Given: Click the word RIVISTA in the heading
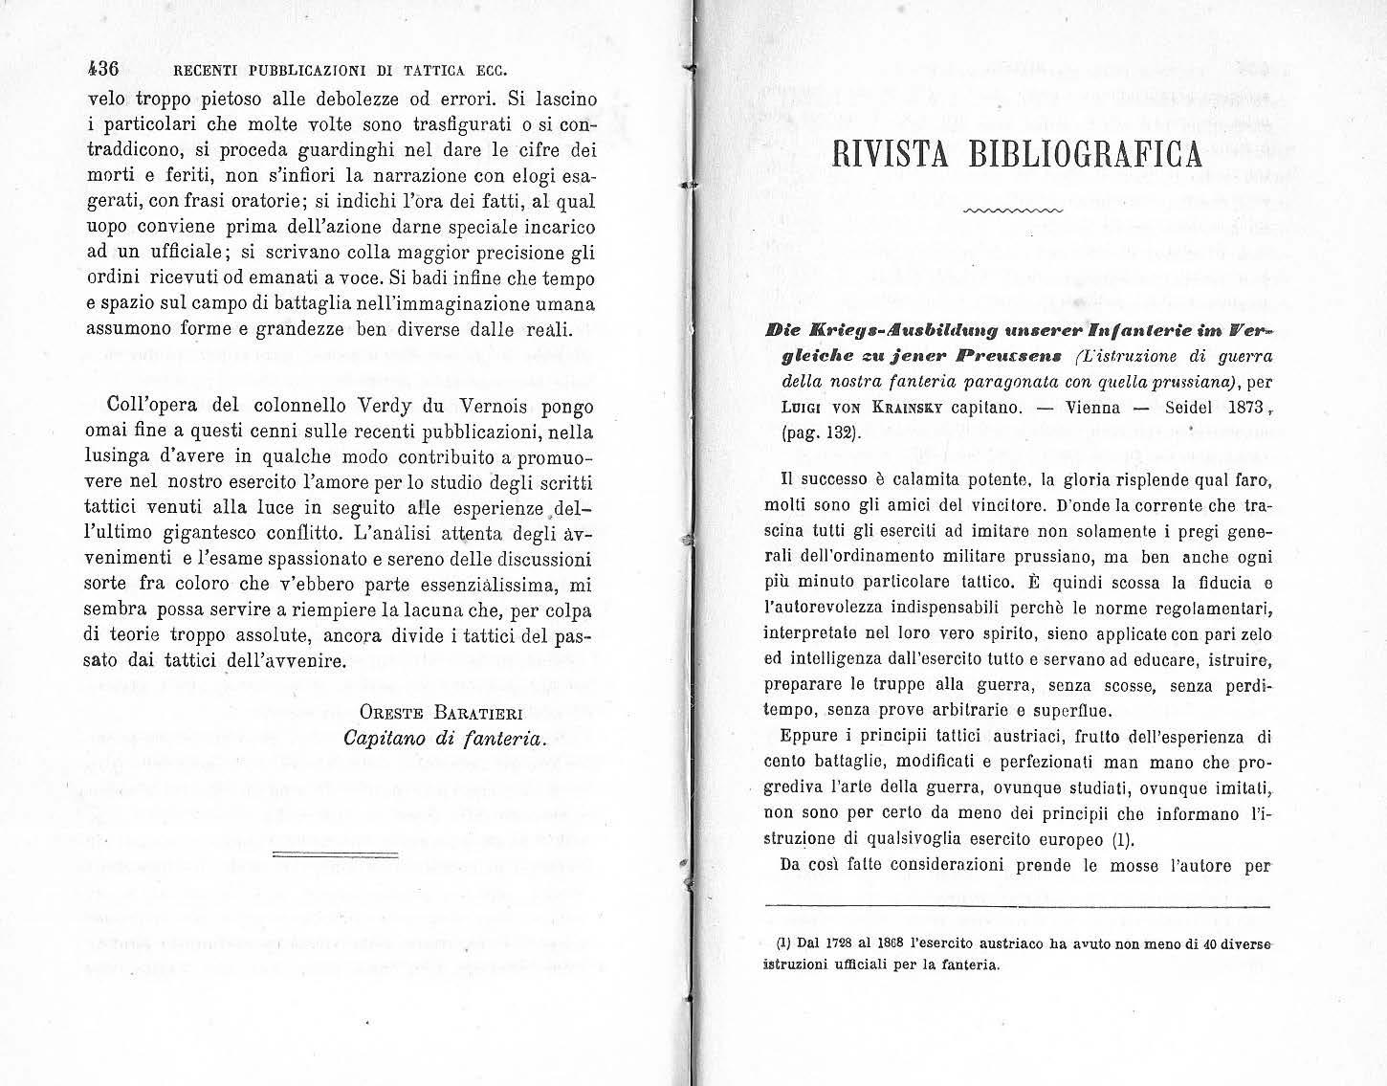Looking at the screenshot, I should click(x=887, y=154).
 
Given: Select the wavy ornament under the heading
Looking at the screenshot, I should click(x=1013, y=210).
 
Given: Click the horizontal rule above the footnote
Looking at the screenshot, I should click(x=1018, y=906).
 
